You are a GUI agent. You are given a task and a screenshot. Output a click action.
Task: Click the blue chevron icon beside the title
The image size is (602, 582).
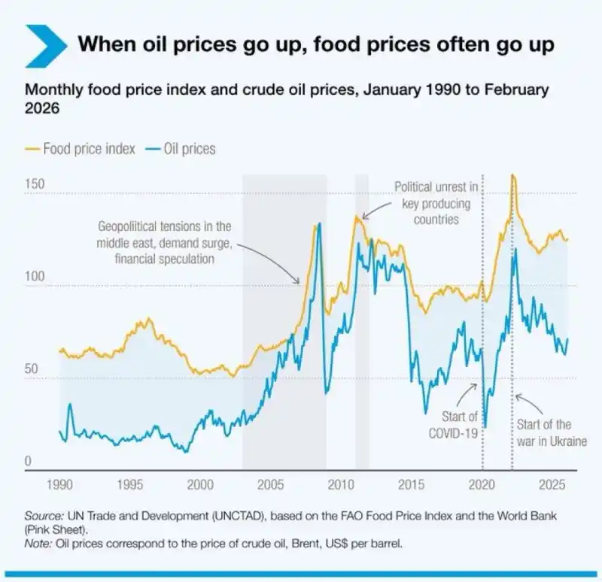point(45,44)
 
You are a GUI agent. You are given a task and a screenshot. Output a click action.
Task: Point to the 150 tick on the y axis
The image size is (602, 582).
point(35,185)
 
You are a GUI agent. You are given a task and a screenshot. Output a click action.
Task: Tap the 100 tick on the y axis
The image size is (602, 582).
point(35,277)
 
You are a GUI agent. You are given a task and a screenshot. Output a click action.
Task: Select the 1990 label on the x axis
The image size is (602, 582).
point(60,484)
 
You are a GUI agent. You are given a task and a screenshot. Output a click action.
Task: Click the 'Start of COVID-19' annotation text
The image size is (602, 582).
point(453,425)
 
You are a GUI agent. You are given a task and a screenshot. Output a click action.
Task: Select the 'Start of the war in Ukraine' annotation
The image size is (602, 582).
point(551,433)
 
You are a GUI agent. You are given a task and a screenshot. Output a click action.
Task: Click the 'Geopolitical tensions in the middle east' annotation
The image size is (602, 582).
point(166,242)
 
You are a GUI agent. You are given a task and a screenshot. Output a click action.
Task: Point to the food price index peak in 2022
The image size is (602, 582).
point(512,175)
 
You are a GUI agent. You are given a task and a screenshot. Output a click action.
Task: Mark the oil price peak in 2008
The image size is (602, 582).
point(319,223)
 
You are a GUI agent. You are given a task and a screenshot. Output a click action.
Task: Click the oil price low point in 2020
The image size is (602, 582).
point(485,427)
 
